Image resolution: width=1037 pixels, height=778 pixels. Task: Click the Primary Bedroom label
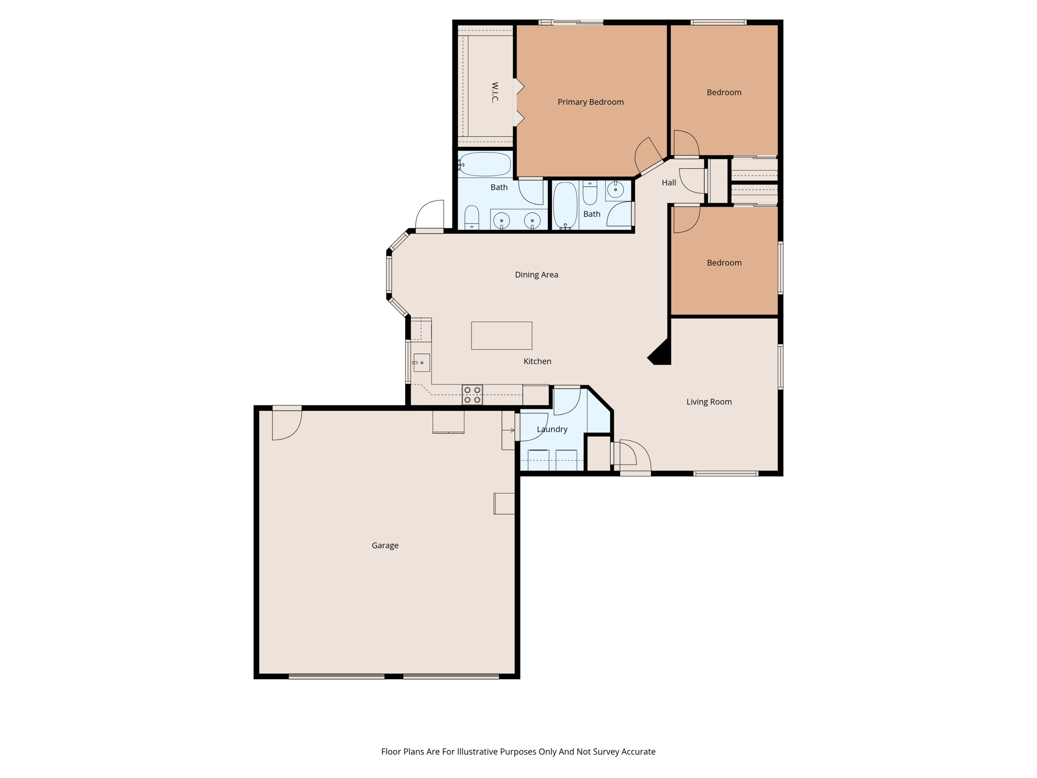590,102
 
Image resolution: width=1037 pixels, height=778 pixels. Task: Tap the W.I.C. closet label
495,92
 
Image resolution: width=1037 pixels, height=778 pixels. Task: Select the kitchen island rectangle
501,335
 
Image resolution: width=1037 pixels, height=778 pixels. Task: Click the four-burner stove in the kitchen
472,395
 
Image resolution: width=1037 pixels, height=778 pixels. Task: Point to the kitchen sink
421,363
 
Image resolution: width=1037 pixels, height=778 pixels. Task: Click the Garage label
385,546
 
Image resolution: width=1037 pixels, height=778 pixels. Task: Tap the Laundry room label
552,429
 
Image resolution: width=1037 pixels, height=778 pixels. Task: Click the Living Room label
709,402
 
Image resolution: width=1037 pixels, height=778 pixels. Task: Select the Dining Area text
536,275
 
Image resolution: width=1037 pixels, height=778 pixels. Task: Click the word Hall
668,182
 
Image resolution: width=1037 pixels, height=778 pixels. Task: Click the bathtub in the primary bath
485,164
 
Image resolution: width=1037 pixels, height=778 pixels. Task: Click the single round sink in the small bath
615,189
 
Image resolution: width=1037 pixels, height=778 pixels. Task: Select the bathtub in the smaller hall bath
565,206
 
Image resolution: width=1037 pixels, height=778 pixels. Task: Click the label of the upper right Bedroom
724,92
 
